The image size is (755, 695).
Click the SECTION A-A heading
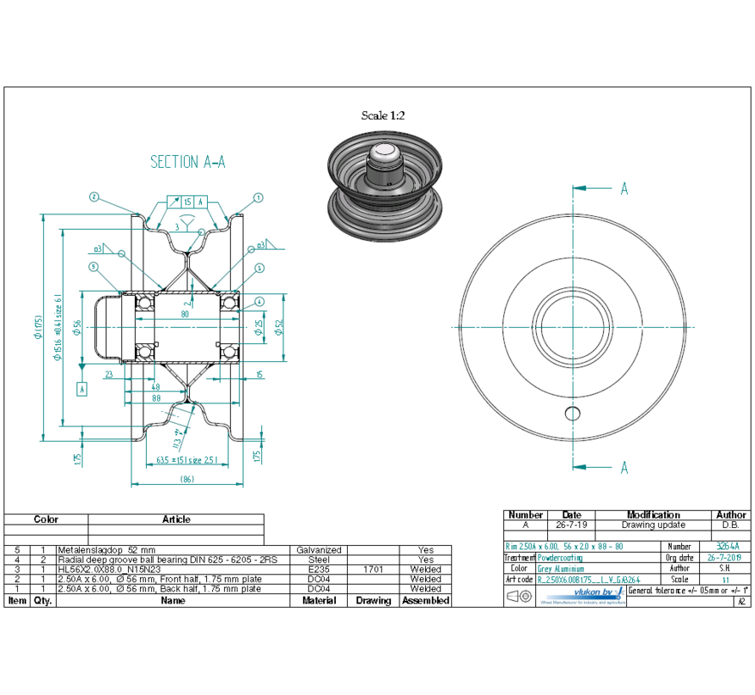click(187, 162)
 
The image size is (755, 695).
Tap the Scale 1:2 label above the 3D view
click(383, 115)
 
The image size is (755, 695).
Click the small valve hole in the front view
click(573, 413)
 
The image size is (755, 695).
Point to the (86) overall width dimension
click(187, 480)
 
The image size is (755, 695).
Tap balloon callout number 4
click(259, 301)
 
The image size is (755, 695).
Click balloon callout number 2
click(93, 197)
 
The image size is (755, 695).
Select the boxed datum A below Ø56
click(81, 389)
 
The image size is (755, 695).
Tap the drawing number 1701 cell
click(373, 570)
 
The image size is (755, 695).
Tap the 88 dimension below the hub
click(157, 398)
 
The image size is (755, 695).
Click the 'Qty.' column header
click(43, 600)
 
